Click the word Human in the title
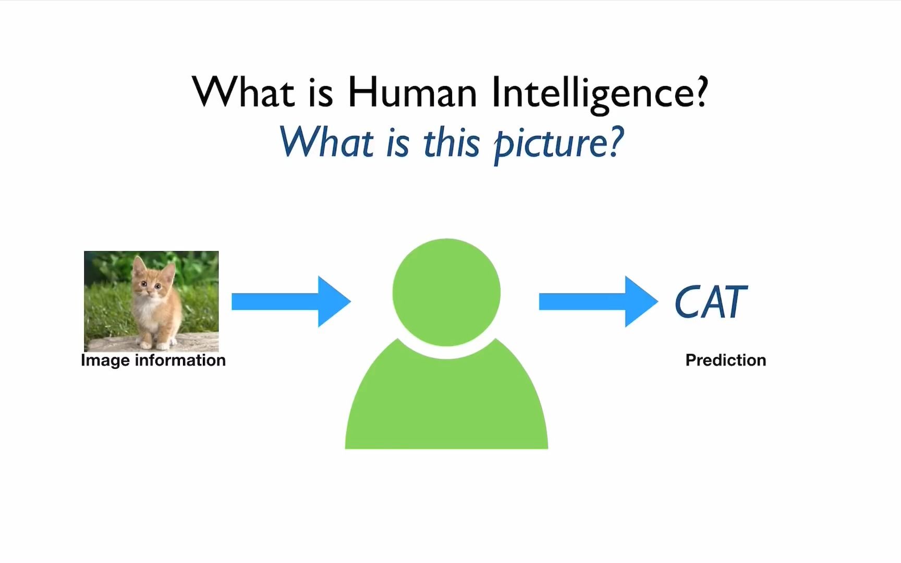(x=412, y=92)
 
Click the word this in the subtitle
(x=451, y=142)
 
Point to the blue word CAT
(x=711, y=302)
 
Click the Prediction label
(x=726, y=360)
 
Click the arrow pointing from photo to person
(x=291, y=302)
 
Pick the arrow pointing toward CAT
(x=598, y=302)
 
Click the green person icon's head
(x=446, y=292)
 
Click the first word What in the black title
(x=243, y=92)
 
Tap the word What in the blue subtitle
(x=327, y=142)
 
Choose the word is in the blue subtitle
(x=398, y=143)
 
